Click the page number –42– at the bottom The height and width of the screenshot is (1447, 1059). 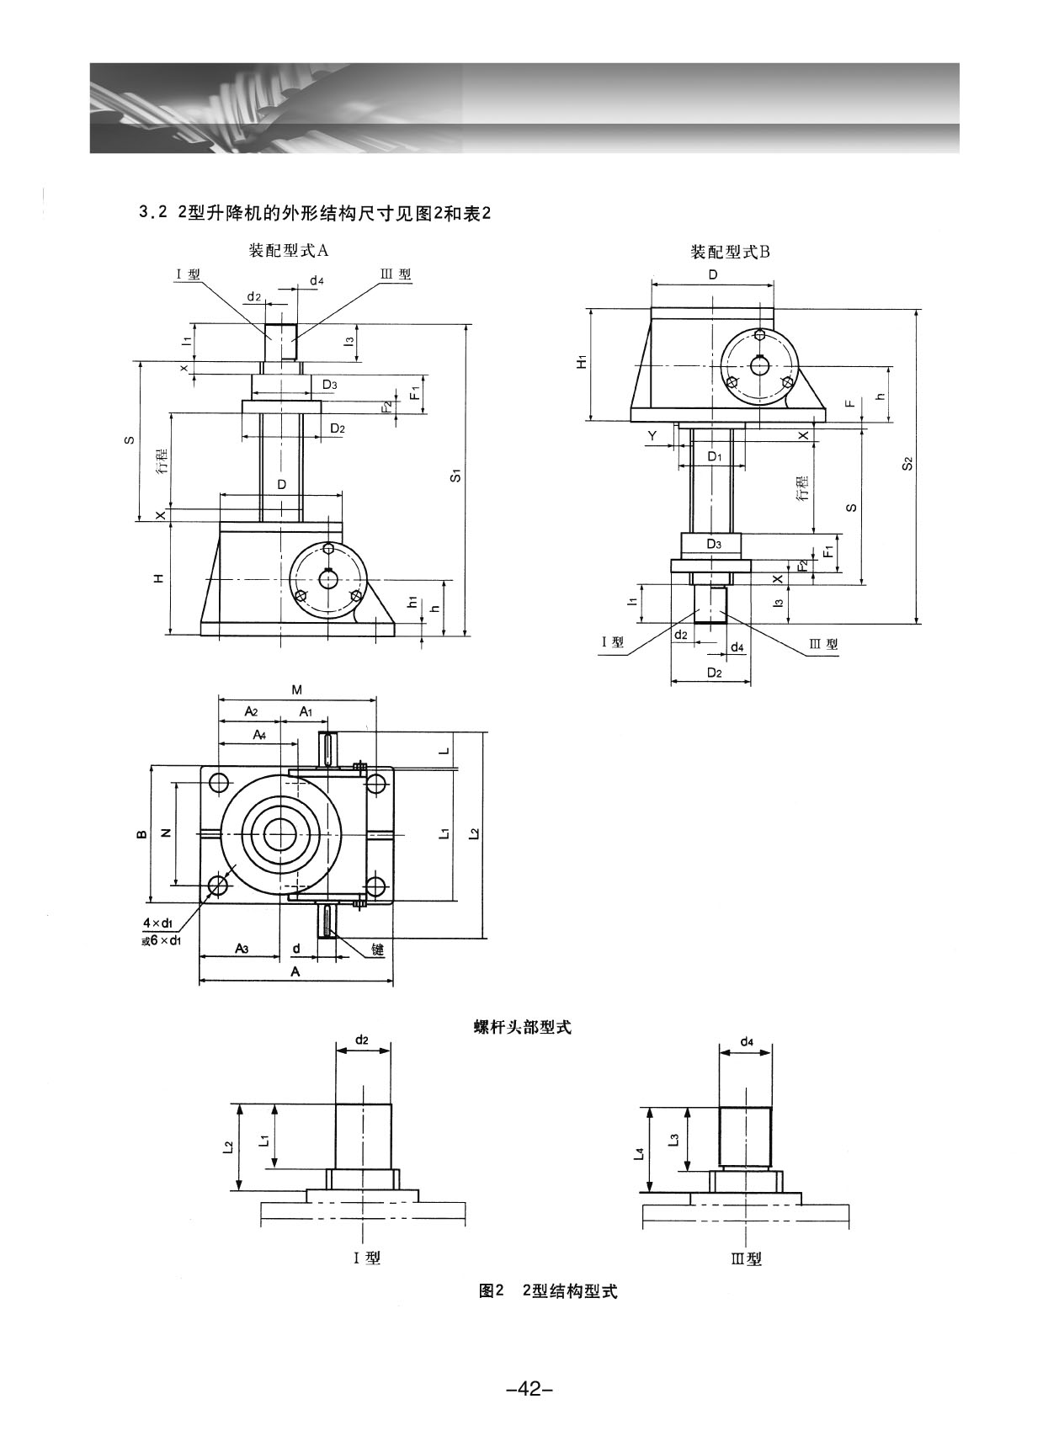click(529, 1388)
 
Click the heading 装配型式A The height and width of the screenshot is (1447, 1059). click(287, 250)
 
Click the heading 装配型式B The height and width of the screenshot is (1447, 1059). click(730, 252)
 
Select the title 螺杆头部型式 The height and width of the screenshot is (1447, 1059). click(522, 1027)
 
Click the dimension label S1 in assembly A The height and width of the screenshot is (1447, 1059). click(456, 476)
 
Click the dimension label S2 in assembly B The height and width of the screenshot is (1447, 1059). click(907, 464)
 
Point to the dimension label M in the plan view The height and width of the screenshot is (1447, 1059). click(296, 689)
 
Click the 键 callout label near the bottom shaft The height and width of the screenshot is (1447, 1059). click(377, 949)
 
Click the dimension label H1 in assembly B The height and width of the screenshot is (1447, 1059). click(581, 362)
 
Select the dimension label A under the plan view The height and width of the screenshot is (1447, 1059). click(295, 971)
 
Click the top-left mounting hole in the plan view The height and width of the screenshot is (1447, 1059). click(218, 782)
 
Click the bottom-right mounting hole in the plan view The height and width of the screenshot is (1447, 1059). click(375, 886)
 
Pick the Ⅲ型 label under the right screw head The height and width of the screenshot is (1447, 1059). click(746, 1259)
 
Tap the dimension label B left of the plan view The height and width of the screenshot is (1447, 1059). click(141, 833)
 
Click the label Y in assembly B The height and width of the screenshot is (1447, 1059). click(652, 436)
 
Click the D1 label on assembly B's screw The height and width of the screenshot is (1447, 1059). click(714, 455)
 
